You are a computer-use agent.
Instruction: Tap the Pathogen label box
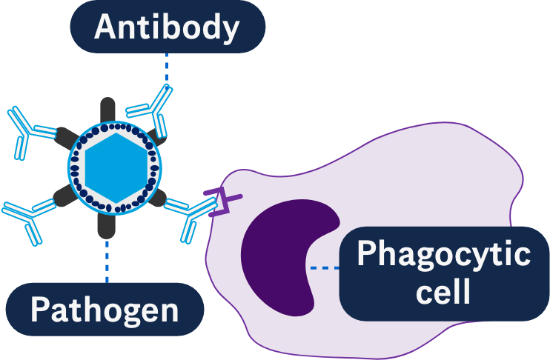tap(105, 309)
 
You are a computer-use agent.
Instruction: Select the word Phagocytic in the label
tap(443, 256)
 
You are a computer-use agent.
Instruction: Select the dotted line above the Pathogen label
tap(107, 259)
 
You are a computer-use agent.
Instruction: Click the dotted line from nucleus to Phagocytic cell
tap(324, 267)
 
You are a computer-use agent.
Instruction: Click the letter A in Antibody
tap(105, 28)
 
